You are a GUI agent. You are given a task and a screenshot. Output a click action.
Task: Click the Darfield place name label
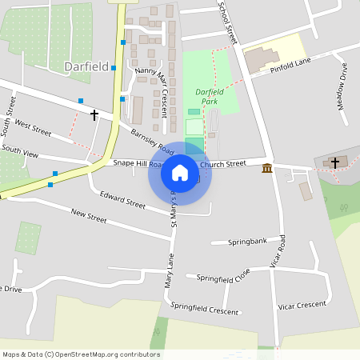(x=87, y=67)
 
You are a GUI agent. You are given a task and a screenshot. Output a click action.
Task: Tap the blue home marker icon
(x=180, y=173)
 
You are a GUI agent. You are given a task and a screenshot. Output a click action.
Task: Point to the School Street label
(x=228, y=22)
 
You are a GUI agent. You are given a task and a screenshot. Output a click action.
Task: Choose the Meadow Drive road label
(x=342, y=86)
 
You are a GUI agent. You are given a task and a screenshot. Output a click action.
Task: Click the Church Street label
(x=223, y=164)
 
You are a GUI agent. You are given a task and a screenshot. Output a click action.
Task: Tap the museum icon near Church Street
(x=266, y=167)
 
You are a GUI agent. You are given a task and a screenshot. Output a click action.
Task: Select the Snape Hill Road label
(x=138, y=162)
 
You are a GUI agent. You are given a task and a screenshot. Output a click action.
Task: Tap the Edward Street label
(x=122, y=199)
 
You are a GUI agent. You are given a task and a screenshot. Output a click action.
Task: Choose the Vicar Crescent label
(x=302, y=305)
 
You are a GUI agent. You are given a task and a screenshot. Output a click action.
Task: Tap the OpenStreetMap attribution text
(x=82, y=354)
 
